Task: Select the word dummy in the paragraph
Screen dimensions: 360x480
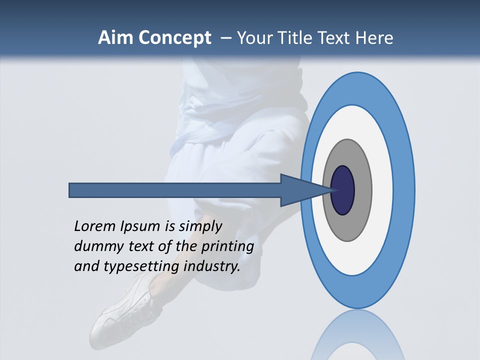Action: coord(94,246)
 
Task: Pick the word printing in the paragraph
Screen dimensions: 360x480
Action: coord(227,247)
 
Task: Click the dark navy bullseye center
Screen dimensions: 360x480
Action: coord(343,190)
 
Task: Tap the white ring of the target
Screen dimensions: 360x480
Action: coord(382,190)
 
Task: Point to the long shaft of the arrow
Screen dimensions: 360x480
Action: coord(175,190)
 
